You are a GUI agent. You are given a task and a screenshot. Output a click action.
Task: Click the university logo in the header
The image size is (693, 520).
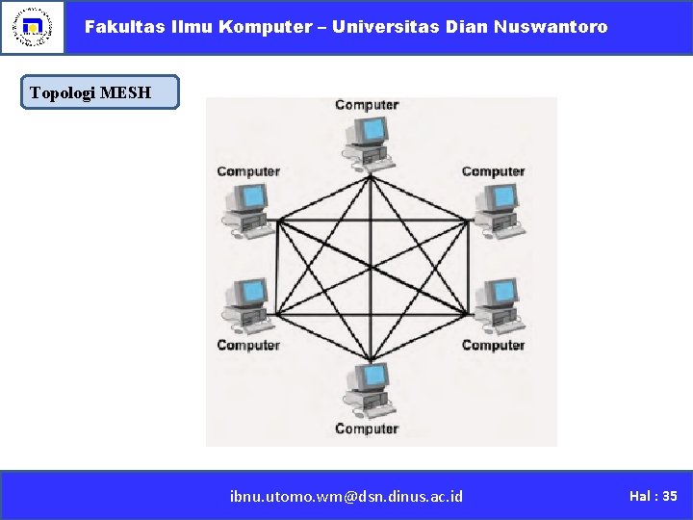tap(33, 27)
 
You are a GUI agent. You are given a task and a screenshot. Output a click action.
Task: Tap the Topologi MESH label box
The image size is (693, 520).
tap(100, 92)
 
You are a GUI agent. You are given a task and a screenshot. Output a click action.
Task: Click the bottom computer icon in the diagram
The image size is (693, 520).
tap(368, 387)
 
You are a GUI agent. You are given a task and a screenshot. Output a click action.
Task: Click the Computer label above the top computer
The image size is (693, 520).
tap(367, 105)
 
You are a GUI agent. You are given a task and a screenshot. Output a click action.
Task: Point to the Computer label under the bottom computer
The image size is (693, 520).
tap(367, 429)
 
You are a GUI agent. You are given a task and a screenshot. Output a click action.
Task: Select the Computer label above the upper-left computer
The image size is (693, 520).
tap(248, 171)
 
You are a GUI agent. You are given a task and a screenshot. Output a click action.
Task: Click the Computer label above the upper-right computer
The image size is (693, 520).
tap(493, 171)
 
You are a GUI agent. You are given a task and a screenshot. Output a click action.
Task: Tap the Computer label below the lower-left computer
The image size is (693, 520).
tap(248, 345)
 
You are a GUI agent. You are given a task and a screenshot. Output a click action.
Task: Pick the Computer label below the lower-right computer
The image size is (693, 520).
tap(493, 345)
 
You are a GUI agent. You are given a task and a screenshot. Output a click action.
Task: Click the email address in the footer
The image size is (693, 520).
tap(346, 496)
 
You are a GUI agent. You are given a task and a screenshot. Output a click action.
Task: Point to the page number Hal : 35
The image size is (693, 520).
tap(653, 496)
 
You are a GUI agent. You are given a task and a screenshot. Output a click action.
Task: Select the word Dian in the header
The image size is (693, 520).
tap(467, 27)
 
